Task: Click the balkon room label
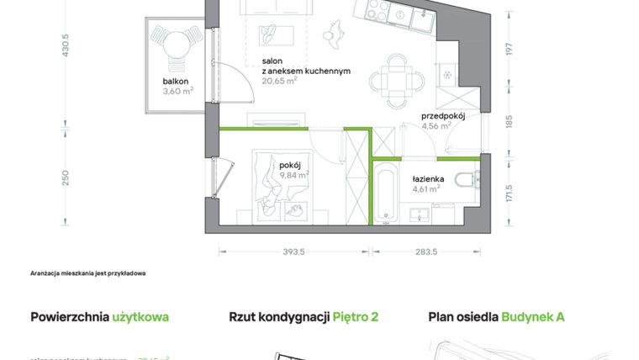coord(176,82)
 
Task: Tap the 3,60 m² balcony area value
coord(177,93)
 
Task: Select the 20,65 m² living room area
coord(279,82)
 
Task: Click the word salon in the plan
coord(272,61)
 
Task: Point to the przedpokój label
coord(443,116)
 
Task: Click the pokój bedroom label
coord(290,165)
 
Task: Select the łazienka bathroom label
coord(428,179)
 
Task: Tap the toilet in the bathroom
coord(465,178)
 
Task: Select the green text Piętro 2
coord(356,317)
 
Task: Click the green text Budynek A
coord(533,317)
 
